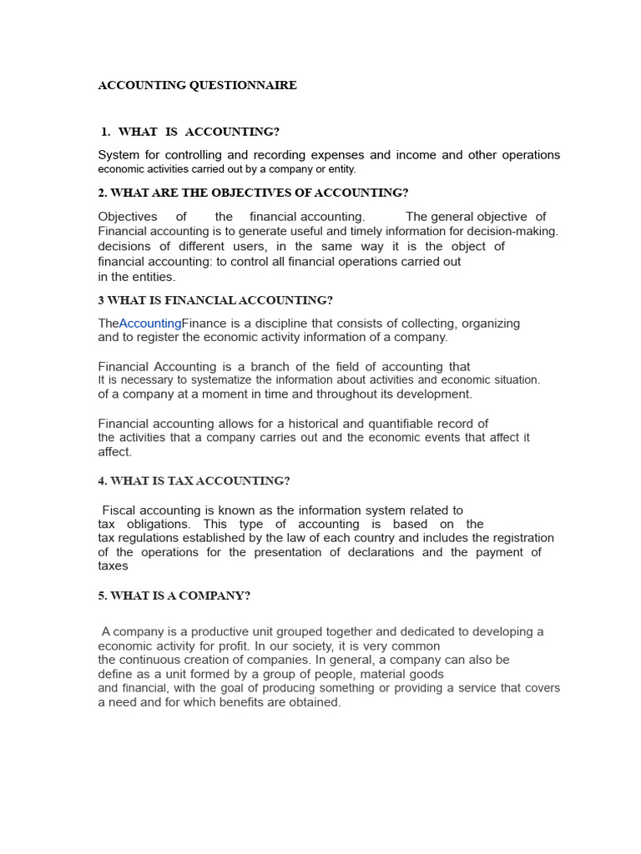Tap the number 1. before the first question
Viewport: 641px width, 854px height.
pyautogui.click(x=105, y=132)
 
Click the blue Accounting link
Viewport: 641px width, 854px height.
pyautogui.click(x=150, y=324)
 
